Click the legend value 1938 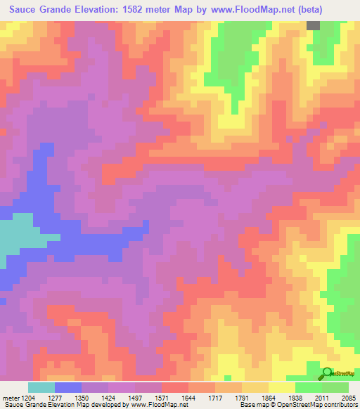pyautogui.click(x=295, y=397)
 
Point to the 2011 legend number pyautogui.click(x=321, y=397)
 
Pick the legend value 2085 pyautogui.click(x=347, y=397)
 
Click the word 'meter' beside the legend pyautogui.click(x=9, y=397)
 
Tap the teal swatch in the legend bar pyautogui.click(x=41, y=387)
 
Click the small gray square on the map pyautogui.click(x=313, y=25)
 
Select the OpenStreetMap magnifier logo pyautogui.click(x=327, y=373)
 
